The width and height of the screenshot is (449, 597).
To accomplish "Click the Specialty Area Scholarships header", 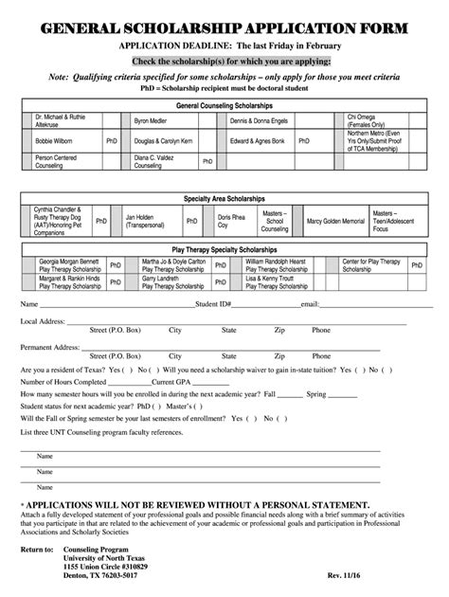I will click(x=224, y=200).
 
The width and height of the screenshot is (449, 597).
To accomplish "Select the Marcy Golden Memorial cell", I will click(x=335, y=221).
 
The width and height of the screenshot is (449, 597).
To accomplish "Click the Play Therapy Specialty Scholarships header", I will click(x=224, y=248).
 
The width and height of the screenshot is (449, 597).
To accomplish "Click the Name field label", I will click(x=27, y=305).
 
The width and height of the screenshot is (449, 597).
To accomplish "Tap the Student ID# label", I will click(x=213, y=305).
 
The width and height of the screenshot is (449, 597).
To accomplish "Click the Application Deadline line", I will click(x=224, y=46).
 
